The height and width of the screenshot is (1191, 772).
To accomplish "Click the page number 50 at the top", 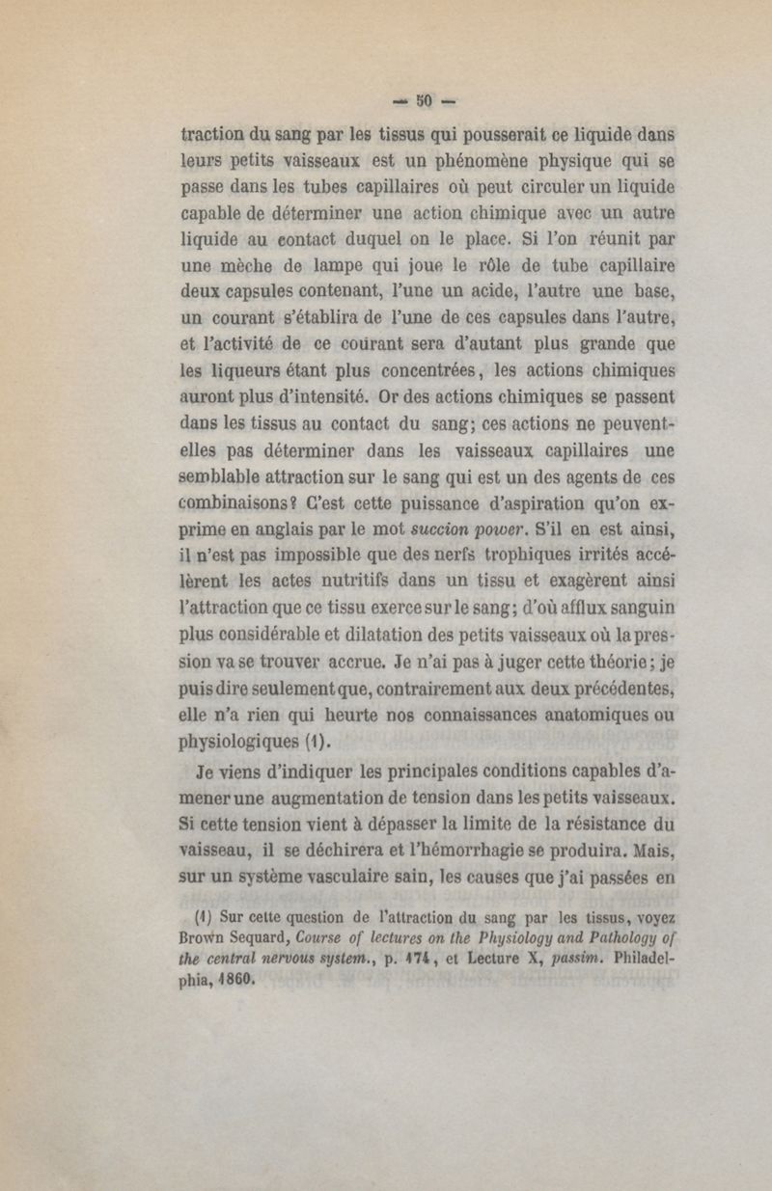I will (426, 99).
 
